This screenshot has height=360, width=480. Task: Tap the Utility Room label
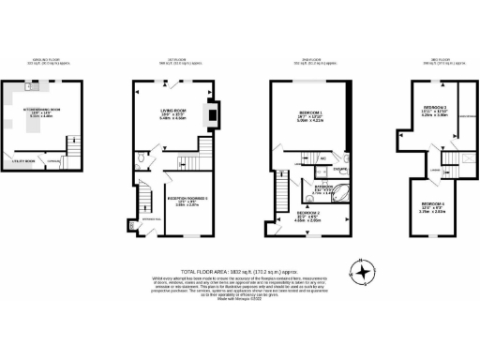point(24,160)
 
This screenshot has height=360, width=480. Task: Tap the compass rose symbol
point(361,272)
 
